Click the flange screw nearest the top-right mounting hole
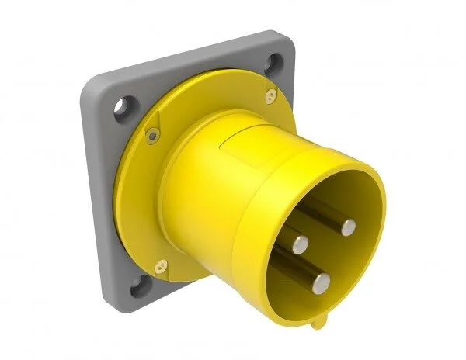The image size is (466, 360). tap(269, 95)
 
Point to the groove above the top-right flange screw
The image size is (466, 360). tap(266, 84)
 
